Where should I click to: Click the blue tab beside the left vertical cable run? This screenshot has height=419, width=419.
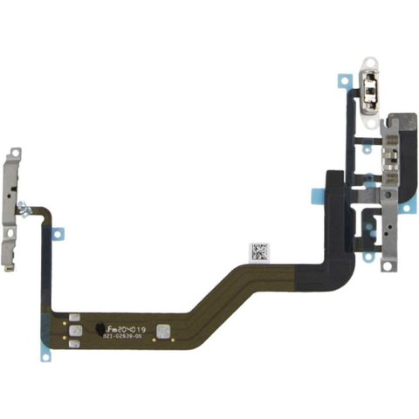coord(58,233)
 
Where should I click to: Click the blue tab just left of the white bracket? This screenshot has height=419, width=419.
coord(341,84)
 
